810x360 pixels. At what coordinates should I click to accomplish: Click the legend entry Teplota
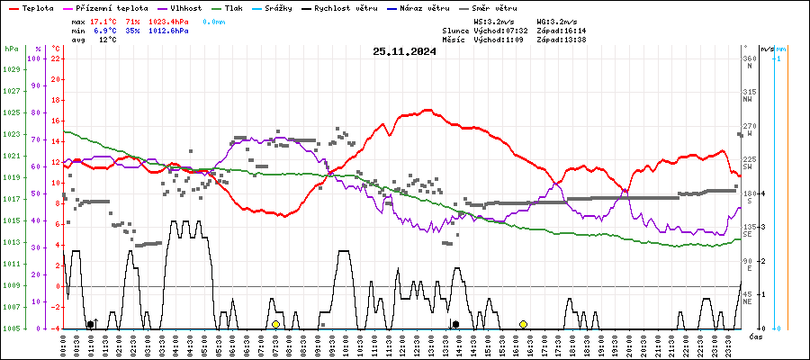coord(31,8)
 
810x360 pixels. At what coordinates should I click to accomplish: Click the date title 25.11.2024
coord(404,51)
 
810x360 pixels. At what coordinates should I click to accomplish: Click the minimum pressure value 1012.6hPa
coord(169,31)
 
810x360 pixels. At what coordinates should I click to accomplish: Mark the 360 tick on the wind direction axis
coord(748,58)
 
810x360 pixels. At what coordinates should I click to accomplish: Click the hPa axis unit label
coord(11,49)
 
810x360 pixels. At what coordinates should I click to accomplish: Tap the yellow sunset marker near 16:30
coord(523,324)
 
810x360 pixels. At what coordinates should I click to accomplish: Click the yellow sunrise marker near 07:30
coord(276,324)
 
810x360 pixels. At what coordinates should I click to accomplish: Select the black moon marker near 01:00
coord(90,324)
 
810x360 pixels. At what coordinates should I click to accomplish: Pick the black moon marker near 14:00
coord(456,324)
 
